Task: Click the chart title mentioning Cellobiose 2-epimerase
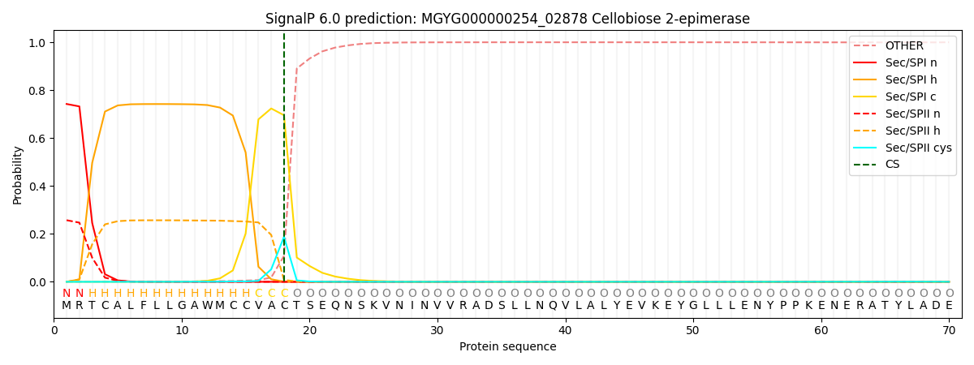pos(507,19)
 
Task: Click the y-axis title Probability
pos(18,174)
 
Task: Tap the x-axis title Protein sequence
pos(507,346)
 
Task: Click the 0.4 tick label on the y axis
pos(38,187)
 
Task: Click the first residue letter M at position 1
pos(67,306)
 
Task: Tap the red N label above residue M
pos(67,294)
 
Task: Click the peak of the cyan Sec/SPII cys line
pos(284,238)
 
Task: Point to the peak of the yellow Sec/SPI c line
pos(271,109)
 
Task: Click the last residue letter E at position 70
pos(949,306)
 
